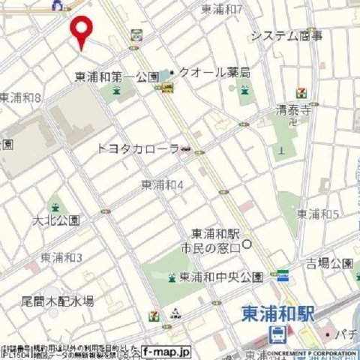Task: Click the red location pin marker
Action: pyautogui.click(x=82, y=32)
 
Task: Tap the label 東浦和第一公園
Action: pyautogui.click(x=117, y=76)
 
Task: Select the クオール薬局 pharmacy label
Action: pyautogui.click(x=213, y=73)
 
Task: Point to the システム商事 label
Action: pyautogui.click(x=286, y=35)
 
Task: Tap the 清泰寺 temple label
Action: pyautogui.click(x=293, y=110)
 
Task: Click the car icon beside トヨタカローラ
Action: pyautogui.click(x=186, y=149)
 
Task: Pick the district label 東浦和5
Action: pyautogui.click(x=318, y=214)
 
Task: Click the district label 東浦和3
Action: pyautogui.click(x=61, y=257)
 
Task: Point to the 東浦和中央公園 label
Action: pyautogui.click(x=220, y=277)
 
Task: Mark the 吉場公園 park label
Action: pyautogui.click(x=328, y=263)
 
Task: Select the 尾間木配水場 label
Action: pyautogui.click(x=57, y=301)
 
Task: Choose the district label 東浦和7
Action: pyautogui.click(x=222, y=9)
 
